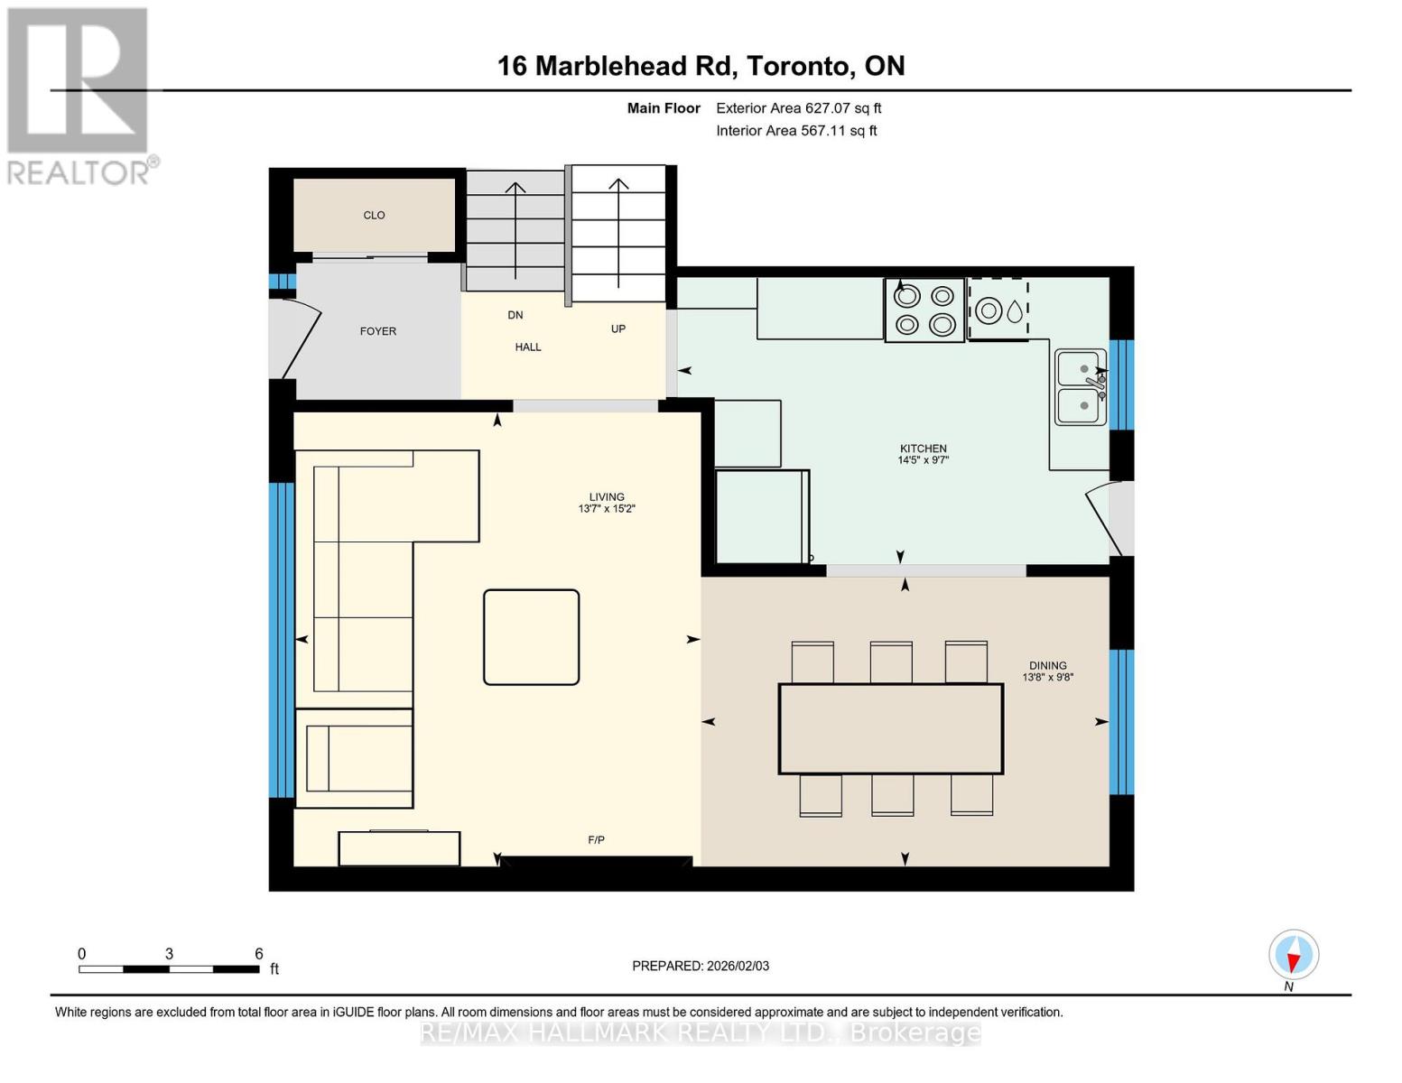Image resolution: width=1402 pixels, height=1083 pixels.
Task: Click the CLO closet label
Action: coord(374,216)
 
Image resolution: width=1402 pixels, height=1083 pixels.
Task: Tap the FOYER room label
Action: coord(377,331)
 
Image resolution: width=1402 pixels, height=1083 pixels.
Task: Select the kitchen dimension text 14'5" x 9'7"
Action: coord(923,460)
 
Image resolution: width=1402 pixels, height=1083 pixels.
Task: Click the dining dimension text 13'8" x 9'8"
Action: coord(1047,678)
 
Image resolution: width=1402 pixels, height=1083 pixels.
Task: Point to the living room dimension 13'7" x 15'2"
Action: coord(607,509)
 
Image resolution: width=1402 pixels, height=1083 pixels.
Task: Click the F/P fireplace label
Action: coord(596,840)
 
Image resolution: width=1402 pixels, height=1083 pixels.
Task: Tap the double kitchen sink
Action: coord(1081,387)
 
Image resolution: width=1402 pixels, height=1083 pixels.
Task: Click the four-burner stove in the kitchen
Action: coord(924,310)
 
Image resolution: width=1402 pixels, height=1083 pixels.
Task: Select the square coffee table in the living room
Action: coord(531,637)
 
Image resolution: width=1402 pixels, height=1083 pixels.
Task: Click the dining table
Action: coord(890,728)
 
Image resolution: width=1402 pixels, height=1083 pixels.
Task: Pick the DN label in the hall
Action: coord(515,315)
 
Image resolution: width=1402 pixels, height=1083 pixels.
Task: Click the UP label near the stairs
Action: coord(617,329)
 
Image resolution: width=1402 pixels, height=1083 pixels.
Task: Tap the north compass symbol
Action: coord(1293,955)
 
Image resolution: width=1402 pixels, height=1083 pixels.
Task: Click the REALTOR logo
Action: coord(79,95)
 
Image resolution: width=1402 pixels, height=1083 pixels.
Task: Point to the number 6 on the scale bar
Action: coord(258,954)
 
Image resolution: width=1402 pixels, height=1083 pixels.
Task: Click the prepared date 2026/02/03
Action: coord(700,966)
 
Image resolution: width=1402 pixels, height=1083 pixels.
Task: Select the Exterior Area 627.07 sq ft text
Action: coord(798,108)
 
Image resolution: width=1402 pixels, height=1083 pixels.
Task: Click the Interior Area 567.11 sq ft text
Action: coord(796,131)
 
